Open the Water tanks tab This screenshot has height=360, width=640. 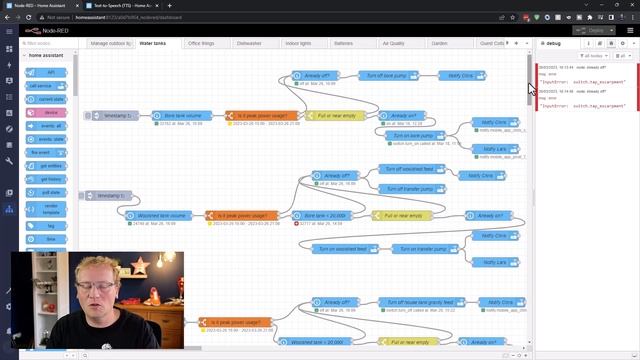point(152,44)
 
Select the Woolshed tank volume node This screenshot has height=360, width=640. point(162,215)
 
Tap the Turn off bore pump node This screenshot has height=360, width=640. point(387,76)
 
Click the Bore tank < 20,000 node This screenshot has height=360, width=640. point(323,215)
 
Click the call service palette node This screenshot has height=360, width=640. point(47,86)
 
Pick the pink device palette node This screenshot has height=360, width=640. point(47,113)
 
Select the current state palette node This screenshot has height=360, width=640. point(47,99)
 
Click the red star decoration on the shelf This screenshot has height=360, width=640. point(139,266)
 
